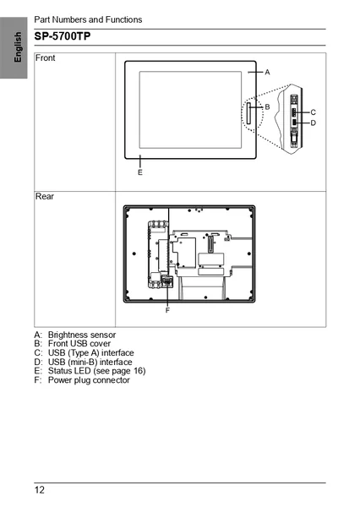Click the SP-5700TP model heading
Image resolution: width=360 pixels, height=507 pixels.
pyautogui.click(x=63, y=36)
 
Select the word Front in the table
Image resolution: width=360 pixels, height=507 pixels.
pyautogui.click(x=46, y=57)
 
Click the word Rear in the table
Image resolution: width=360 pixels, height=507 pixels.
pyautogui.click(x=45, y=196)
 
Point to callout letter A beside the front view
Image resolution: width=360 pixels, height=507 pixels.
pyautogui.click(x=267, y=72)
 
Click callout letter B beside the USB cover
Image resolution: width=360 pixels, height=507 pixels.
pyautogui.click(x=267, y=106)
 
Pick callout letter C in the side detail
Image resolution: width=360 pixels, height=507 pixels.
pyautogui.click(x=313, y=112)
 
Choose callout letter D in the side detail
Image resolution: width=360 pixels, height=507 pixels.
pyautogui.click(x=313, y=123)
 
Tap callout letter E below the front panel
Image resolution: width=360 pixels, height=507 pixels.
pyautogui.click(x=140, y=172)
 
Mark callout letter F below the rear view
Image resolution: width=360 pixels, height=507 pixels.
pyautogui.click(x=167, y=310)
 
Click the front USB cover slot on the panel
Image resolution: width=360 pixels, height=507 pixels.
pyautogui.click(x=248, y=113)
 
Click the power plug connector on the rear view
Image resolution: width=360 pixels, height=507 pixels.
pyautogui.click(x=167, y=281)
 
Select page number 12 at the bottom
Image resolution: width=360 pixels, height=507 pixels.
pyautogui.click(x=40, y=490)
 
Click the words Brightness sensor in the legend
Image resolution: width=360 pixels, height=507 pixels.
pyautogui.click(x=82, y=335)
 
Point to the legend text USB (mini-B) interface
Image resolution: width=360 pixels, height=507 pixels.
pyautogui.click(x=90, y=362)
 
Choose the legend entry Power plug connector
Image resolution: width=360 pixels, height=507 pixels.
pyautogui.click(x=89, y=380)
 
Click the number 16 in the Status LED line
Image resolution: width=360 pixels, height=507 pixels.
pyautogui.click(x=138, y=371)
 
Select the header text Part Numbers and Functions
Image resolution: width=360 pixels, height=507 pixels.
pyautogui.click(x=88, y=19)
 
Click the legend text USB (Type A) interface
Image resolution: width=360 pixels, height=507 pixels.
pyautogui.click(x=91, y=352)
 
